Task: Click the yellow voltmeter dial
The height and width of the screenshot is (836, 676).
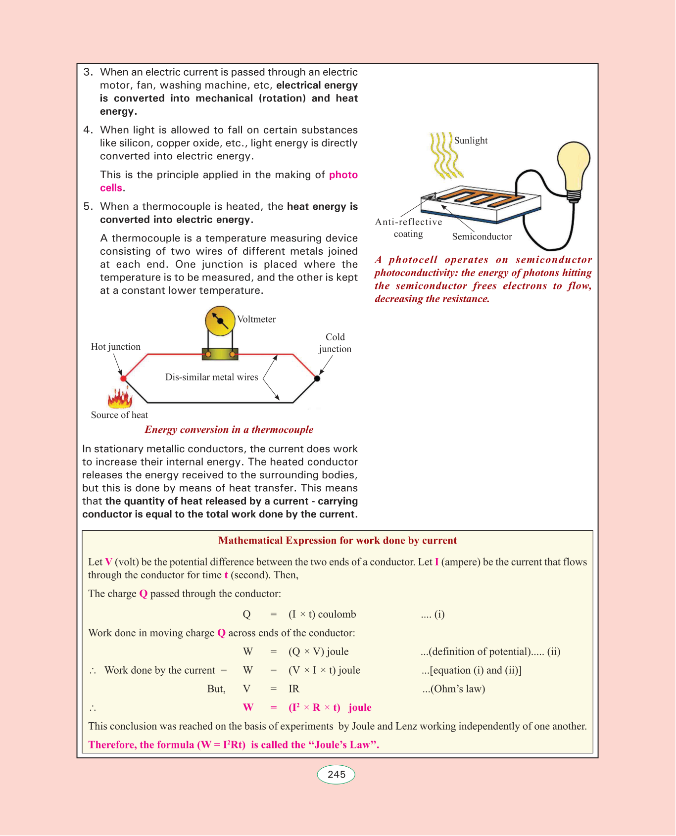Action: (x=220, y=321)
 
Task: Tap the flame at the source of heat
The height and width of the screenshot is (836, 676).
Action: (x=119, y=397)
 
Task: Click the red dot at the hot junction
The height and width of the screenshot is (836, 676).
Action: (x=123, y=378)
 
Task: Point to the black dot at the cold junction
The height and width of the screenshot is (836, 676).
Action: (x=317, y=378)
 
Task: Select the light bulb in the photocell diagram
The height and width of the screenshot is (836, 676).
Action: (x=574, y=167)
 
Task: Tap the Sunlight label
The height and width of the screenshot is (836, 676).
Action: (x=471, y=140)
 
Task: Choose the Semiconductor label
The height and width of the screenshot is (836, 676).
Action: (x=482, y=236)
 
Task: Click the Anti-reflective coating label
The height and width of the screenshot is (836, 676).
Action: (x=408, y=228)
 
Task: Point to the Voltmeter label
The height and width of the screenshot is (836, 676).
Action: (x=256, y=319)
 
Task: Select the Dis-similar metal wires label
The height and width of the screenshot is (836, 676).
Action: (x=211, y=377)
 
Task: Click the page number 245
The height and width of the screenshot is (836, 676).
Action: (x=336, y=775)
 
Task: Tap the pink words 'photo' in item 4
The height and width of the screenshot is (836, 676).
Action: (x=343, y=175)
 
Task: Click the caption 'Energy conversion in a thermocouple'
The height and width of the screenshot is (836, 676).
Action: (x=229, y=429)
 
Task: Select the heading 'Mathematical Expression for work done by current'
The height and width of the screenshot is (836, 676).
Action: (x=338, y=540)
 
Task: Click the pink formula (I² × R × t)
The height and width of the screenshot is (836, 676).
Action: (x=314, y=707)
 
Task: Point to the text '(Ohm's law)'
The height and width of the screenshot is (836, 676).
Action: (x=454, y=689)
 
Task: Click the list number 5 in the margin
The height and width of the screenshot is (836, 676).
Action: (x=88, y=206)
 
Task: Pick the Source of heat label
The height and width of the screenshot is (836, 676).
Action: (x=119, y=415)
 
